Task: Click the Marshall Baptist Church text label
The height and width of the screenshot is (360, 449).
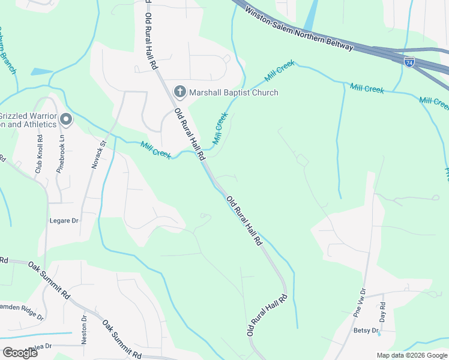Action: point(234,92)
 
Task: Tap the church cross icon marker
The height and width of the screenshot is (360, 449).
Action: point(179,92)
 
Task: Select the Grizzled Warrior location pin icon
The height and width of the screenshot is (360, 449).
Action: point(66,119)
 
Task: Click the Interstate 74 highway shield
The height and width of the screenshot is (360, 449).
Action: point(409,62)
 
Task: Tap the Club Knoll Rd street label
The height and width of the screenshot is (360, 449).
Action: point(40,155)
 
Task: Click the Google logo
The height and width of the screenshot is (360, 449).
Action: point(20,352)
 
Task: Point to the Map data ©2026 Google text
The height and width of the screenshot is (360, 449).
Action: point(412,355)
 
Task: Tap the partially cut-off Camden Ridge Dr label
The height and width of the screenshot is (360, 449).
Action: point(21,310)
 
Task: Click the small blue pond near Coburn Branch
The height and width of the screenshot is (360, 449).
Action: point(41,71)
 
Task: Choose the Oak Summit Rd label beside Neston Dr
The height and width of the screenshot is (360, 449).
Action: point(122,338)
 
